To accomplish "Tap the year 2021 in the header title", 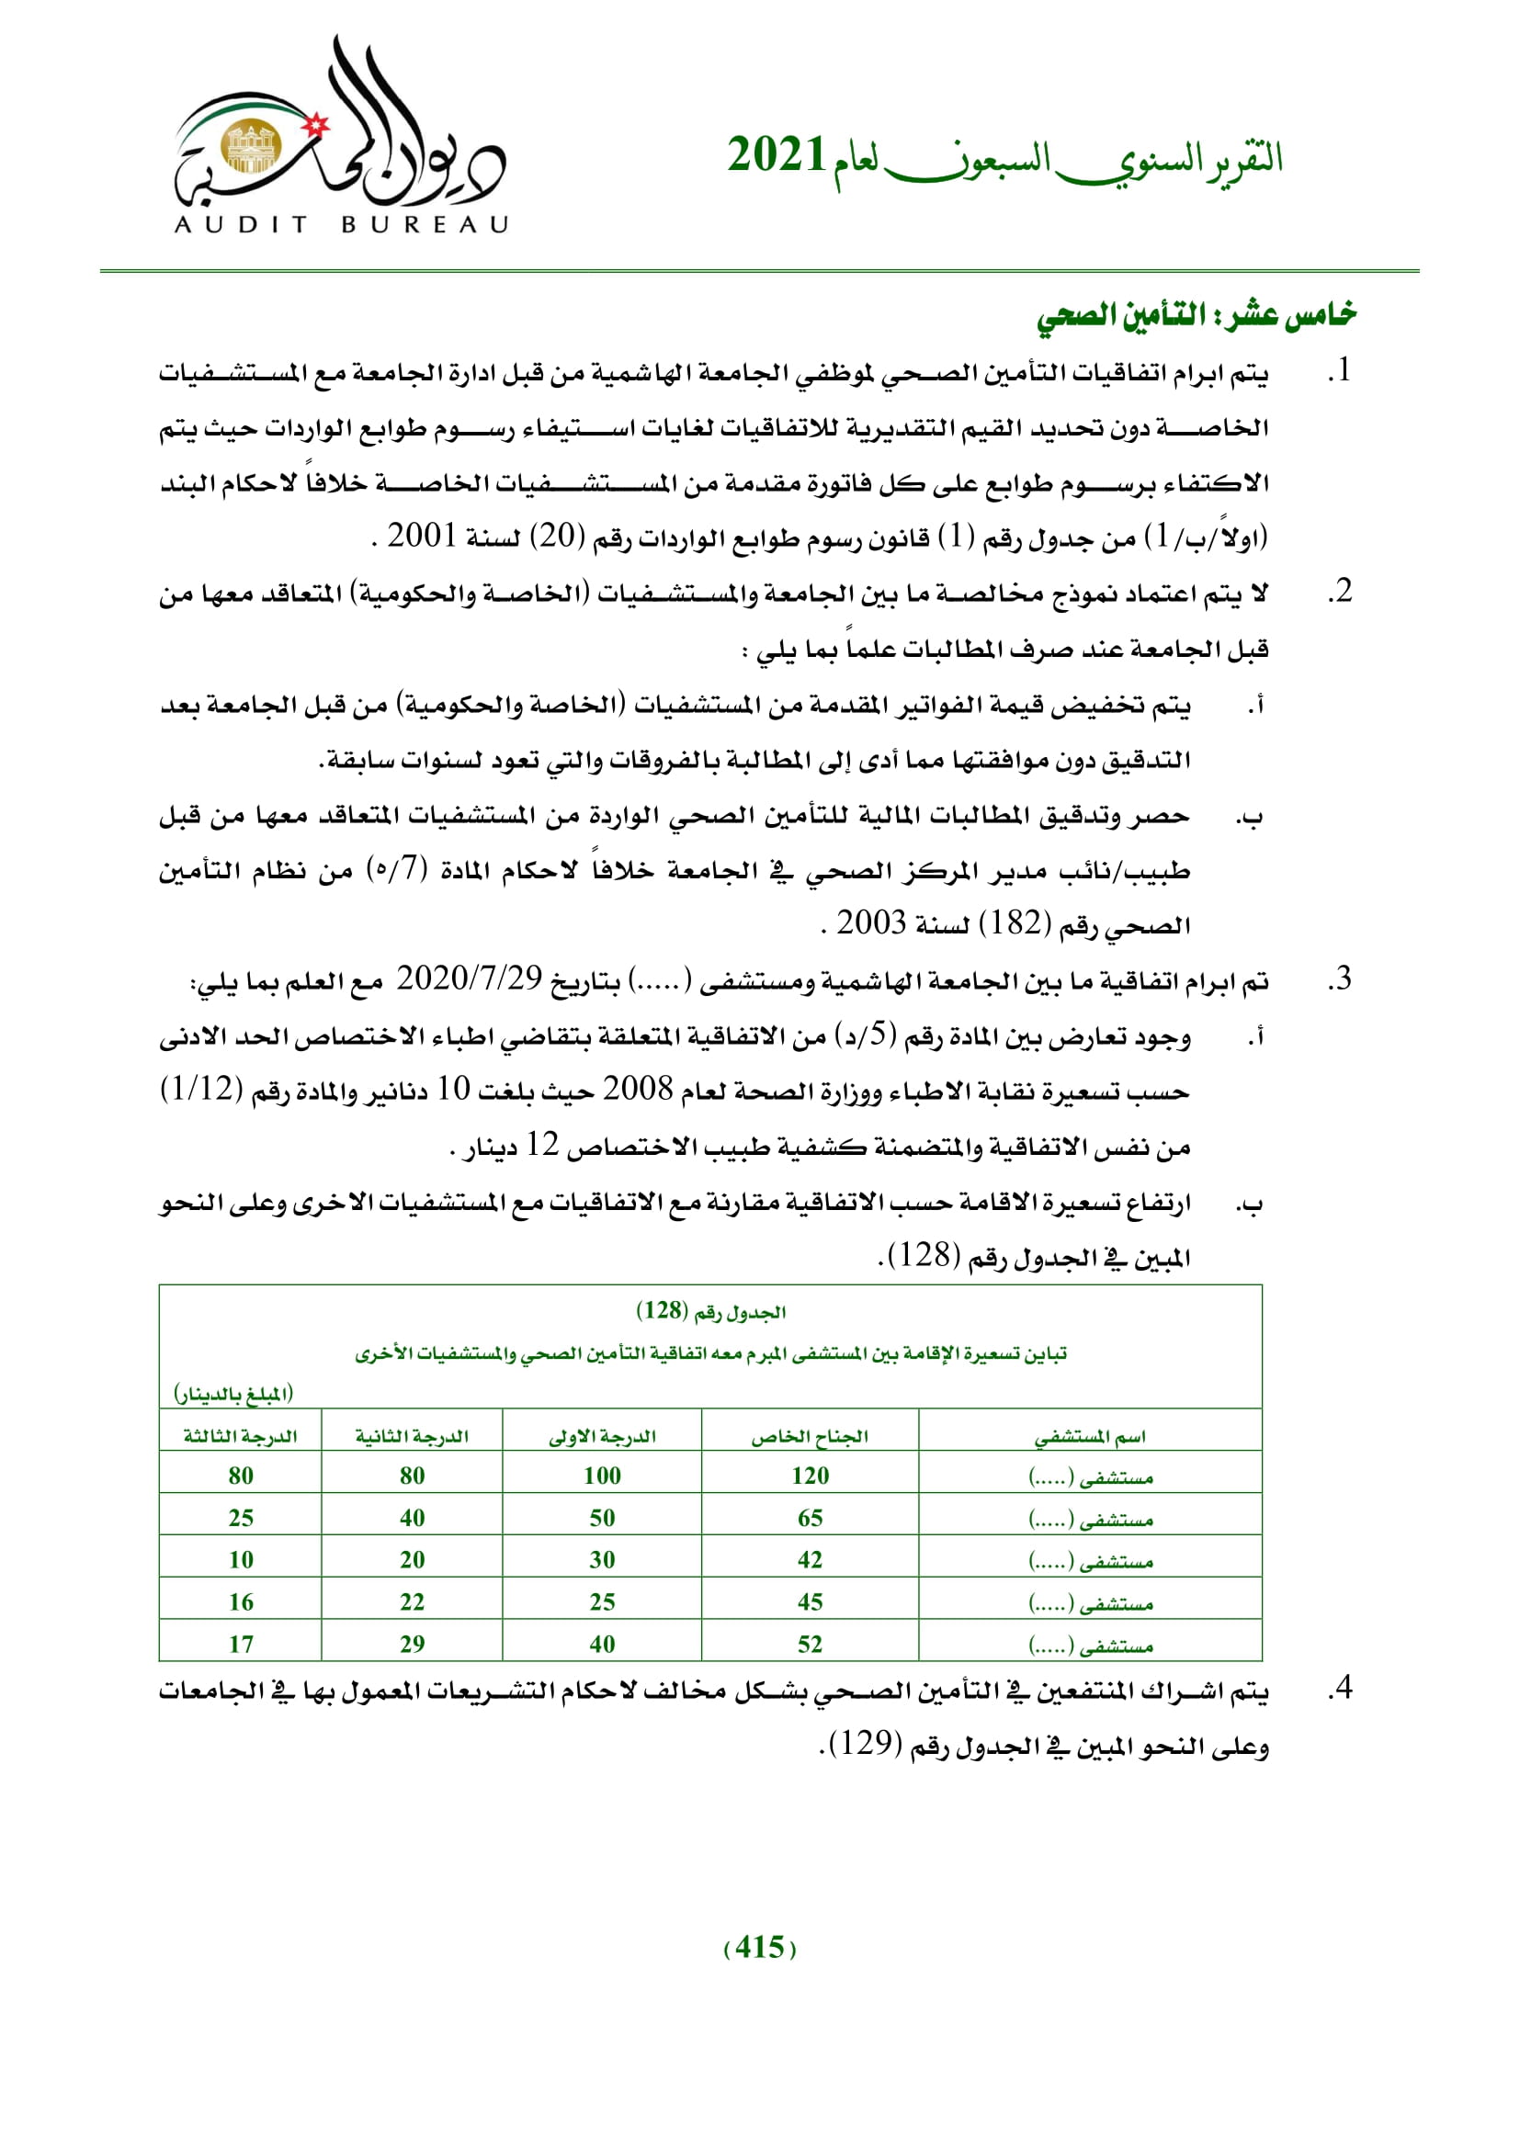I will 776,156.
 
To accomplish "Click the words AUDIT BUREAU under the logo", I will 342,224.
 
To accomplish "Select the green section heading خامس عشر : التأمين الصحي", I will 1196,315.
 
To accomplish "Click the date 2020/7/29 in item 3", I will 469,979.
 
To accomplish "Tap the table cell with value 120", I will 810,1476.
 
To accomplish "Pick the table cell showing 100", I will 602,1476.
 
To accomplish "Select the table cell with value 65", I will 810,1518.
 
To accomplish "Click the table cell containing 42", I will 810,1560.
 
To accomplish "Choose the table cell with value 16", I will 241,1602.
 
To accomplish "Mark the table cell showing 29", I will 412,1645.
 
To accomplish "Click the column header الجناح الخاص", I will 810,1437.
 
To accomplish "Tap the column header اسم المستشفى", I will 1090,1437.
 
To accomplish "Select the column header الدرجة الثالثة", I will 241,1437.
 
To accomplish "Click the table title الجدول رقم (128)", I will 710,1311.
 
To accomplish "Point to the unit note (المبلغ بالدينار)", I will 233,1394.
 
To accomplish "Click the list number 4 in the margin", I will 1341,1688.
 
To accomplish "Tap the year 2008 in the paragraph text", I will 638,1089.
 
